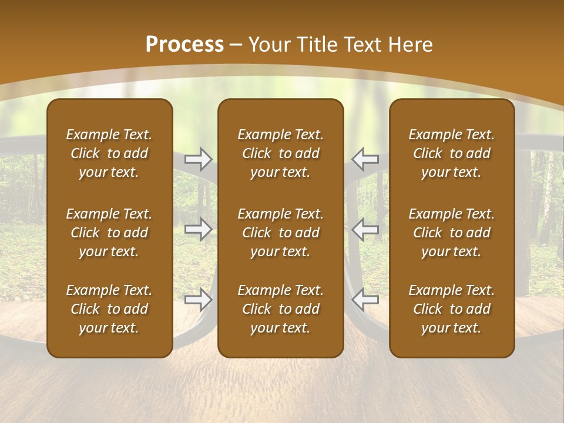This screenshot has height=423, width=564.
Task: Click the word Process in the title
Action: click(184, 45)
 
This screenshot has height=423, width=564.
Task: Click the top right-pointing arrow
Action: click(199, 158)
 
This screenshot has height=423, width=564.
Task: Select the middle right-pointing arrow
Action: click(199, 229)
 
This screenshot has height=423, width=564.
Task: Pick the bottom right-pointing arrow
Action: click(199, 300)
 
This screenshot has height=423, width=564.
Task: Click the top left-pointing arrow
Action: click(365, 158)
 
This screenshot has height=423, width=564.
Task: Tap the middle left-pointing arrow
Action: click(365, 229)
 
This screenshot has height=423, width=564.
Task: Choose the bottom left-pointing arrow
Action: click(365, 300)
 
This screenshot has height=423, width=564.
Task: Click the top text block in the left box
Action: click(109, 153)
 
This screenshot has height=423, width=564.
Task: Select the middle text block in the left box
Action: click(109, 233)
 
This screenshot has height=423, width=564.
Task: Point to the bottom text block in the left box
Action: click(109, 309)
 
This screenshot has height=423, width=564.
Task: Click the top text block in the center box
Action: click(280, 153)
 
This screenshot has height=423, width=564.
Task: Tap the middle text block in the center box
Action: click(280, 233)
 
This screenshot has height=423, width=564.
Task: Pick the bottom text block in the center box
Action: click(280, 309)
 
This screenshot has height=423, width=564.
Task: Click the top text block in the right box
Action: click(451, 153)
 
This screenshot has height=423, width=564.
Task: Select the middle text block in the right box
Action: click(451, 233)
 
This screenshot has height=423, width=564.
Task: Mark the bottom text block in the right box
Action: click(451, 309)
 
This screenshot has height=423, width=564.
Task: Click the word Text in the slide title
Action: click(362, 45)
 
